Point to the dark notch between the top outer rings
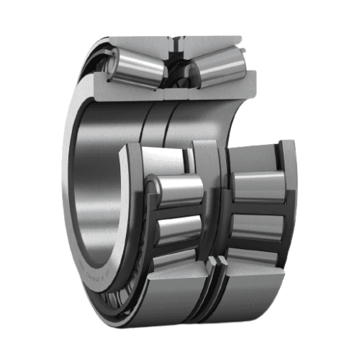pos(175,44)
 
